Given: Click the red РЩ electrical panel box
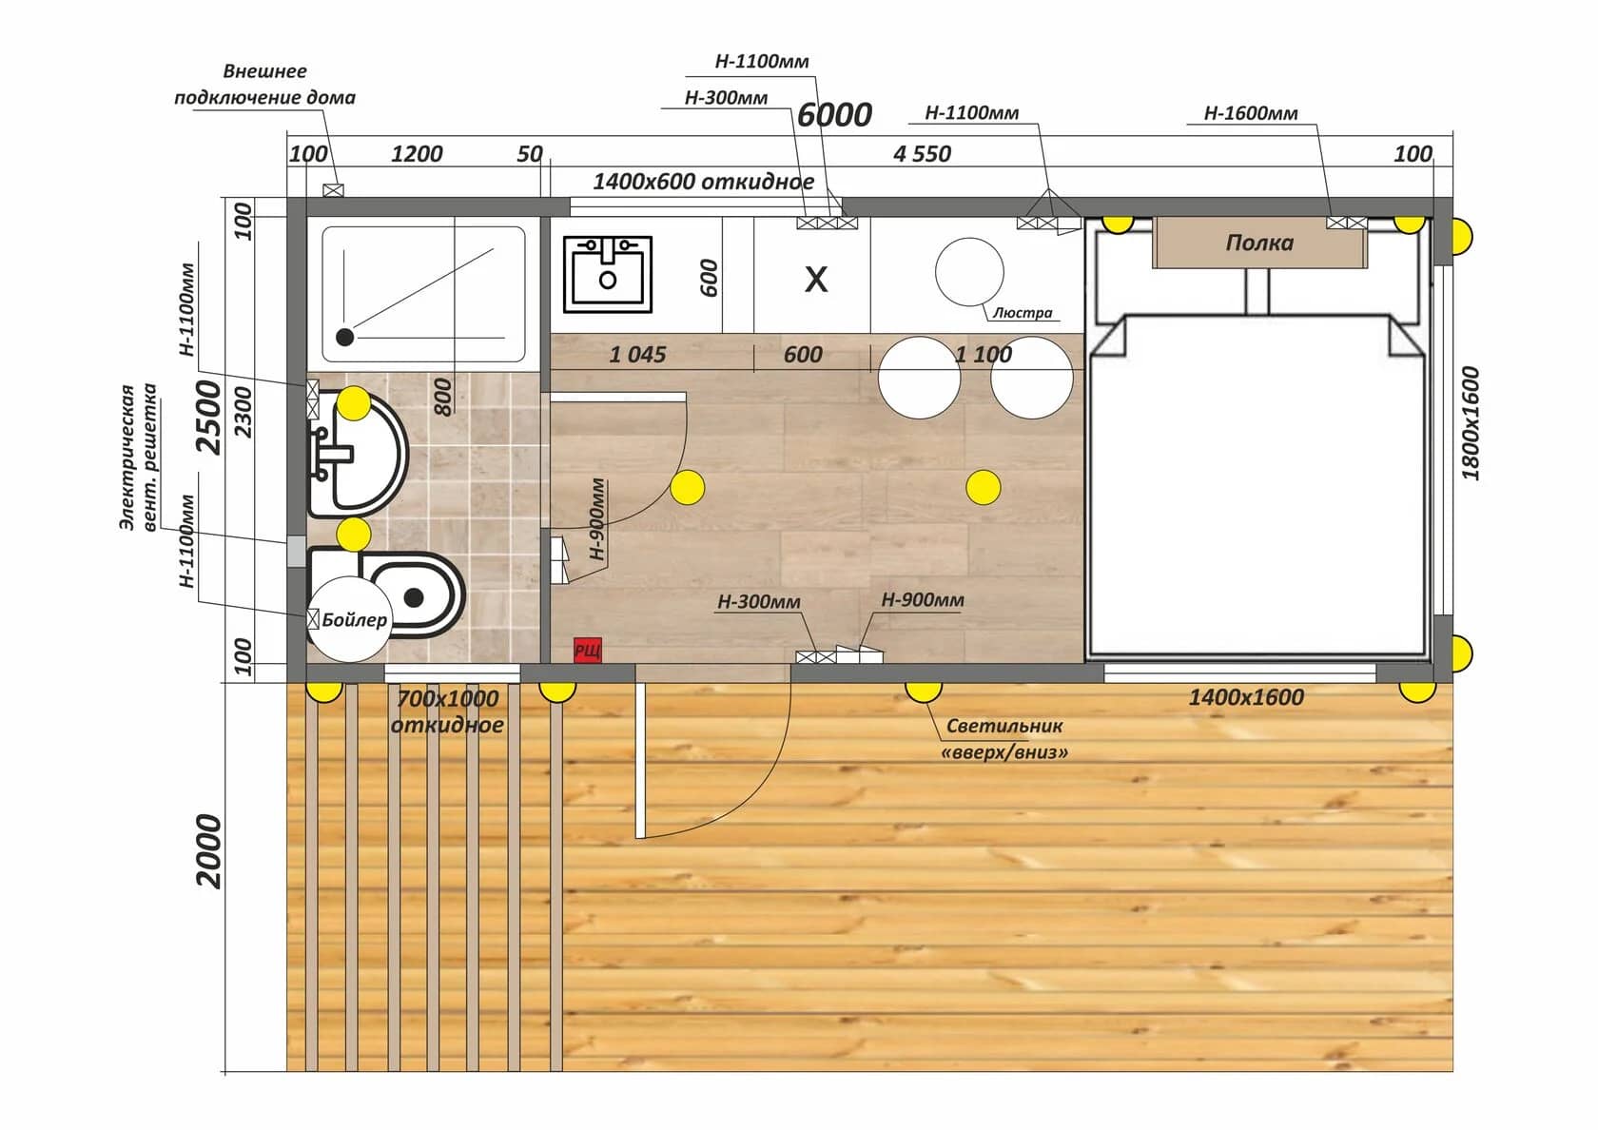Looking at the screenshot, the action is [588, 650].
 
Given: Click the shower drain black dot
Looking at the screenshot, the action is [344, 337].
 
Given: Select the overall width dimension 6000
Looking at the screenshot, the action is [834, 114].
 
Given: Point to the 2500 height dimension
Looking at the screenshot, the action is [209, 418].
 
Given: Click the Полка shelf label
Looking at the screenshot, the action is [1259, 243].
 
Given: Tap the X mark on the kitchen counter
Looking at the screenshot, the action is [816, 279].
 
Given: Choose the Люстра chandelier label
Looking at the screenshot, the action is [1023, 312].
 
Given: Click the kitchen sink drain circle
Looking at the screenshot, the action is [608, 280].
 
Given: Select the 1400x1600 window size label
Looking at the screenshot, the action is [1246, 697].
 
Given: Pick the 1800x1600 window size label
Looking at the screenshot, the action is [1471, 423].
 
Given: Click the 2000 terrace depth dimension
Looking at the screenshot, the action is [209, 852].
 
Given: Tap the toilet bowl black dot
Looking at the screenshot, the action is [414, 597].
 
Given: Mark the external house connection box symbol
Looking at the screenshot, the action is [333, 190].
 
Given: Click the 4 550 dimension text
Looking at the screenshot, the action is [922, 153].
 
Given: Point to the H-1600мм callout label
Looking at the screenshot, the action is [1251, 112].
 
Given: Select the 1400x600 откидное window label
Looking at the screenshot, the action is [704, 181].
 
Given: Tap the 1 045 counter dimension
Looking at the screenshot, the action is [637, 354].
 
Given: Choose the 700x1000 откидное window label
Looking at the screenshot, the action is [447, 711].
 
